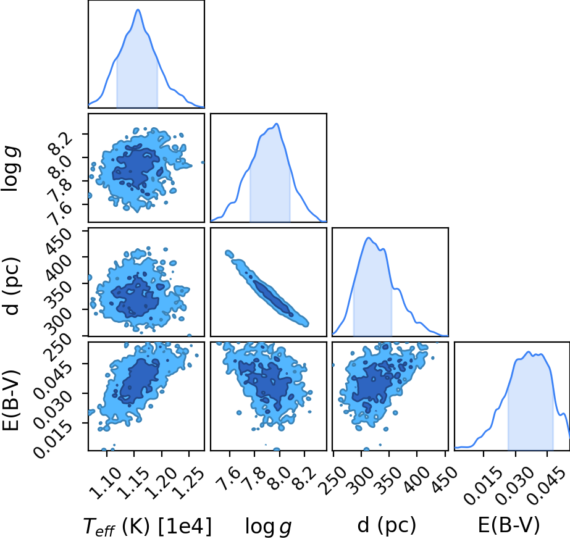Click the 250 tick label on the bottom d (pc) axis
coord(335,480)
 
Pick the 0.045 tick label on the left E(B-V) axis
coord(53,375)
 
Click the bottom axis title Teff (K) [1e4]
coord(147,526)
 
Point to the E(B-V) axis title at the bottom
coord(509,525)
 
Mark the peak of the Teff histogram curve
coord(138,9)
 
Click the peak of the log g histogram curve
coord(277,124)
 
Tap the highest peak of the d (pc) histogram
coord(369,238)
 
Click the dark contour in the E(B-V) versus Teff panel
coord(139,382)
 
